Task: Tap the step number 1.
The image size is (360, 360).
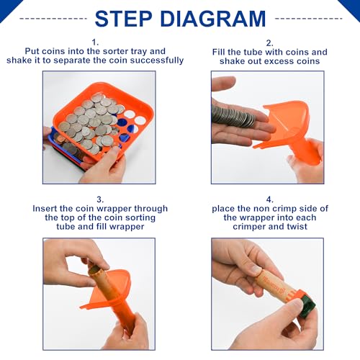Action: pyautogui.click(x=95, y=42)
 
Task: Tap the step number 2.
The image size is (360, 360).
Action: pyautogui.click(x=269, y=42)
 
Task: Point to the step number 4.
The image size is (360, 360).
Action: pyautogui.click(x=269, y=198)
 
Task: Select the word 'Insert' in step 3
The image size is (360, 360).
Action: pyautogui.click(x=48, y=209)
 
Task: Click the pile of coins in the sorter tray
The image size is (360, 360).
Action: pyautogui.click(x=90, y=119)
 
